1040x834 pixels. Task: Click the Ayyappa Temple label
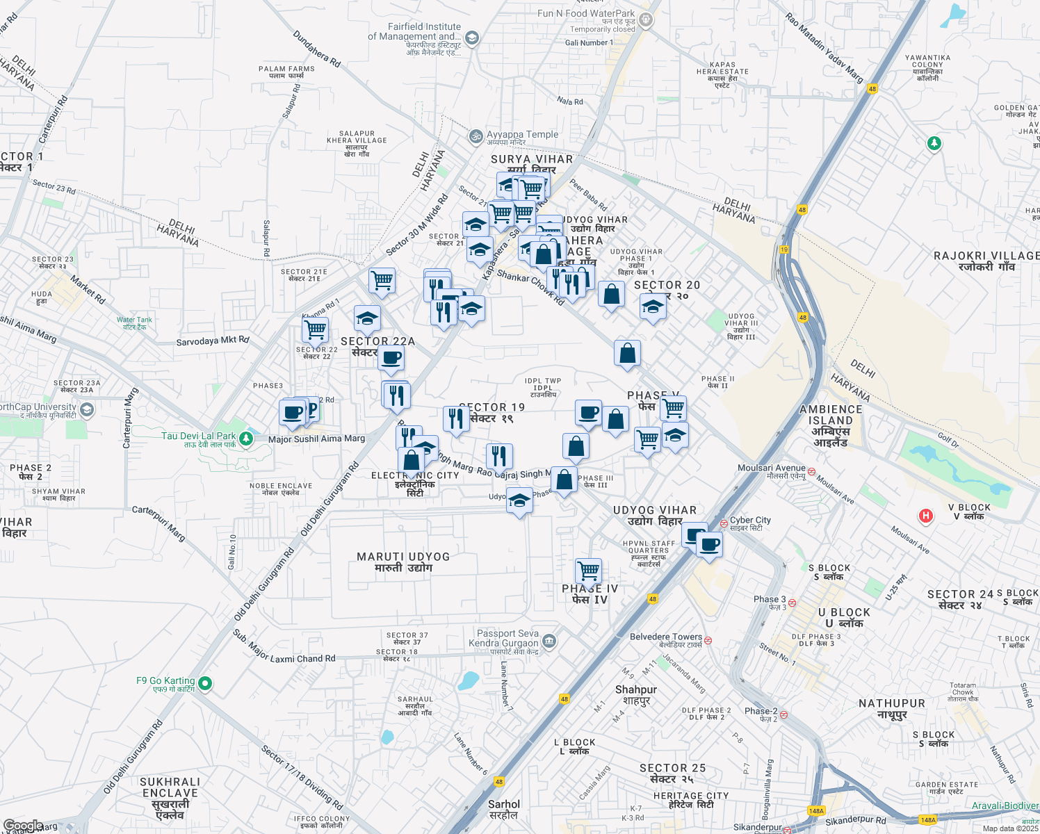click(522, 135)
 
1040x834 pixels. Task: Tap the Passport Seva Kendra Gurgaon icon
click(549, 640)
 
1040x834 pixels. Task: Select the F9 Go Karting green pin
click(205, 684)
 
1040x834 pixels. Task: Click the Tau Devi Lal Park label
click(198, 436)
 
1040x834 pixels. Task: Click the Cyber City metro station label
click(750, 520)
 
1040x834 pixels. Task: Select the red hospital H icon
click(925, 516)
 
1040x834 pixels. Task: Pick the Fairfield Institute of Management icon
click(472, 38)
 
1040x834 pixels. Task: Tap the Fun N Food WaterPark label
click(586, 13)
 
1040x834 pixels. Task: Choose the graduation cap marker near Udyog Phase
click(519, 500)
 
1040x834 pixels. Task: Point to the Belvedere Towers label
click(666, 637)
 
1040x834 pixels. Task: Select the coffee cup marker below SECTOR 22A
click(391, 359)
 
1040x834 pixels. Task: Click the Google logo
click(24, 826)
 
